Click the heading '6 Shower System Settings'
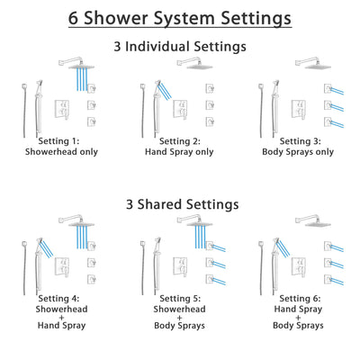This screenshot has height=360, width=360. click(x=180, y=17)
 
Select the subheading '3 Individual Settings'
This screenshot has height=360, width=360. click(x=180, y=45)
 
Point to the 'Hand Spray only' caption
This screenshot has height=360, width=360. click(x=180, y=154)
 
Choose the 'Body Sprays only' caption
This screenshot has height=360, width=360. click(x=295, y=154)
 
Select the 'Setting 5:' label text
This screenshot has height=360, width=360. click(x=180, y=300)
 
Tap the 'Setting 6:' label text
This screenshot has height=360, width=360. click(x=295, y=300)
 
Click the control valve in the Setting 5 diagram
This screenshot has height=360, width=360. click(x=182, y=263)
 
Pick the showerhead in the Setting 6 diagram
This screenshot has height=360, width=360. click(x=311, y=220)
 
